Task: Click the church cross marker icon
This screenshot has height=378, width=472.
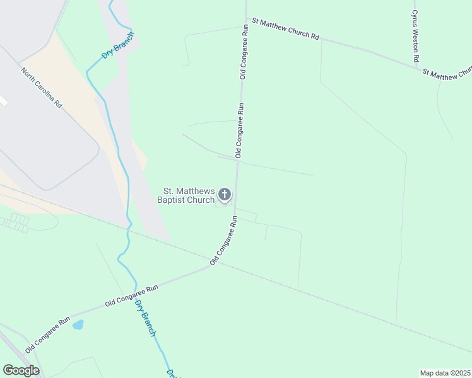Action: point(224,196)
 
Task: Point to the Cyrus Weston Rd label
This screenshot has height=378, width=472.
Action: point(415,35)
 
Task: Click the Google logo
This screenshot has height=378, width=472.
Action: point(21,370)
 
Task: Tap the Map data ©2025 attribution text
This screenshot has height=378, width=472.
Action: point(445,373)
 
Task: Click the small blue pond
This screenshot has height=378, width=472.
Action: point(78,324)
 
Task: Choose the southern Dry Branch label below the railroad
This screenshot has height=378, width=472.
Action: point(145,318)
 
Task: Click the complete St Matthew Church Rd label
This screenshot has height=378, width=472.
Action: point(285,29)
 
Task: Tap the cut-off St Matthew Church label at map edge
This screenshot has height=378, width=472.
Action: point(447,74)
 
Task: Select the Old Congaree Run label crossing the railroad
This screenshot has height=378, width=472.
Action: point(223,241)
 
